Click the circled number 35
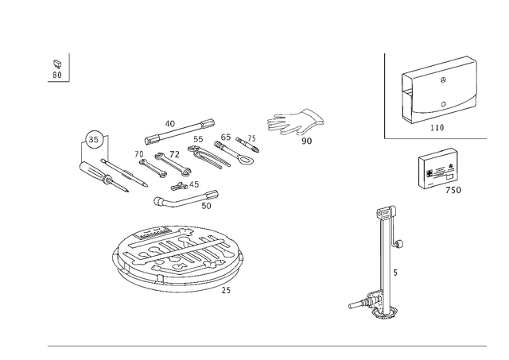93,139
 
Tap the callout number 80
56,75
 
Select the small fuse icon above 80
57,64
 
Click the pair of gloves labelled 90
295,122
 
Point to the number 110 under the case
437,127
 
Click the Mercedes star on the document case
444,79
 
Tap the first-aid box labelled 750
437,168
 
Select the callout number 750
453,190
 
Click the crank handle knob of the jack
400,243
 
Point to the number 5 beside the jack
395,273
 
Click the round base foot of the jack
385,313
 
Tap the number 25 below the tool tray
226,291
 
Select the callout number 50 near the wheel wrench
206,206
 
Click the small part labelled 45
179,187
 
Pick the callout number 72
174,154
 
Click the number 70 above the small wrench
139,154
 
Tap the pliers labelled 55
208,157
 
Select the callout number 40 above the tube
169,123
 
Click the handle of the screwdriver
91,171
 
